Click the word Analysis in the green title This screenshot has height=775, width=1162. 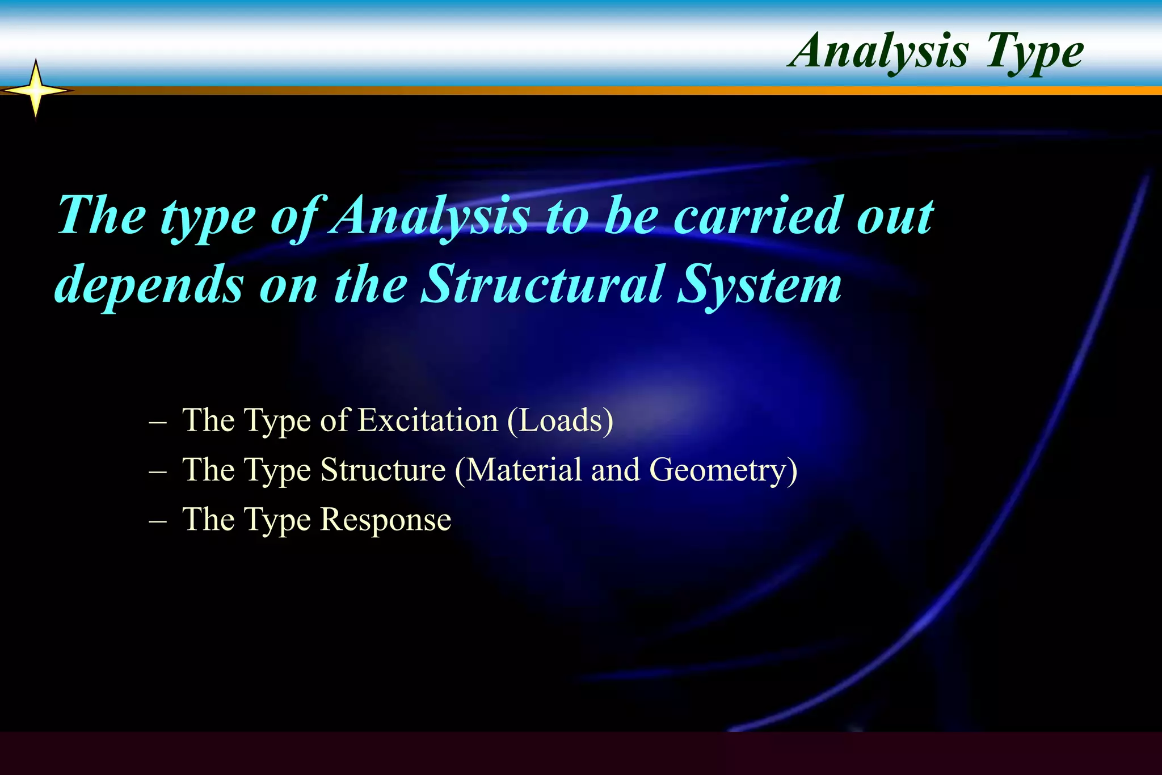[880, 51]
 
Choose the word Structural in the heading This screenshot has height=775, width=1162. [542, 284]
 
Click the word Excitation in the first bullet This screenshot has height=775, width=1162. [428, 420]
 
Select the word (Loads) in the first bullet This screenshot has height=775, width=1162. [560, 420]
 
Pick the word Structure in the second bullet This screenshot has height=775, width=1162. [383, 470]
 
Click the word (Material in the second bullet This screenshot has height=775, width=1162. [519, 470]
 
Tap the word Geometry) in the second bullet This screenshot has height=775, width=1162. [723, 470]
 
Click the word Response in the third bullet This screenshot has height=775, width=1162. [386, 520]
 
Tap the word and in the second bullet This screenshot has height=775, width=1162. [616, 470]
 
